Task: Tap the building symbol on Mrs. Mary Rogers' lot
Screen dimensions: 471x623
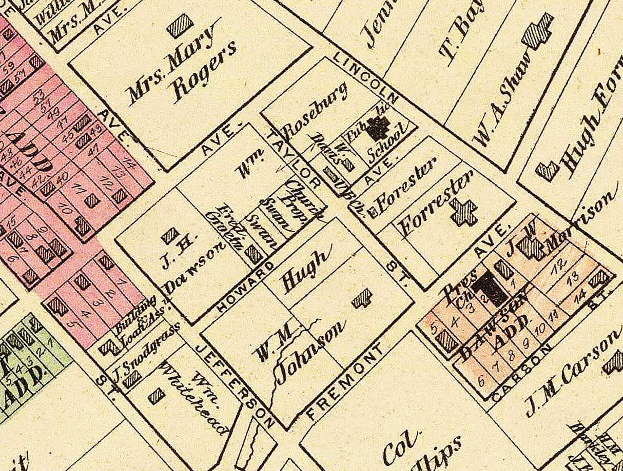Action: [x=180, y=25]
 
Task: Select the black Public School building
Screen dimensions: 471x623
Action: [x=380, y=129]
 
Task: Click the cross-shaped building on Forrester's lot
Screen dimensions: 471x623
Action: [x=463, y=212]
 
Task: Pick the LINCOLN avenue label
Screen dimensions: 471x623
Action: [x=365, y=76]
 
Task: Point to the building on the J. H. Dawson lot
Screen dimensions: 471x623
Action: [x=170, y=235]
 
